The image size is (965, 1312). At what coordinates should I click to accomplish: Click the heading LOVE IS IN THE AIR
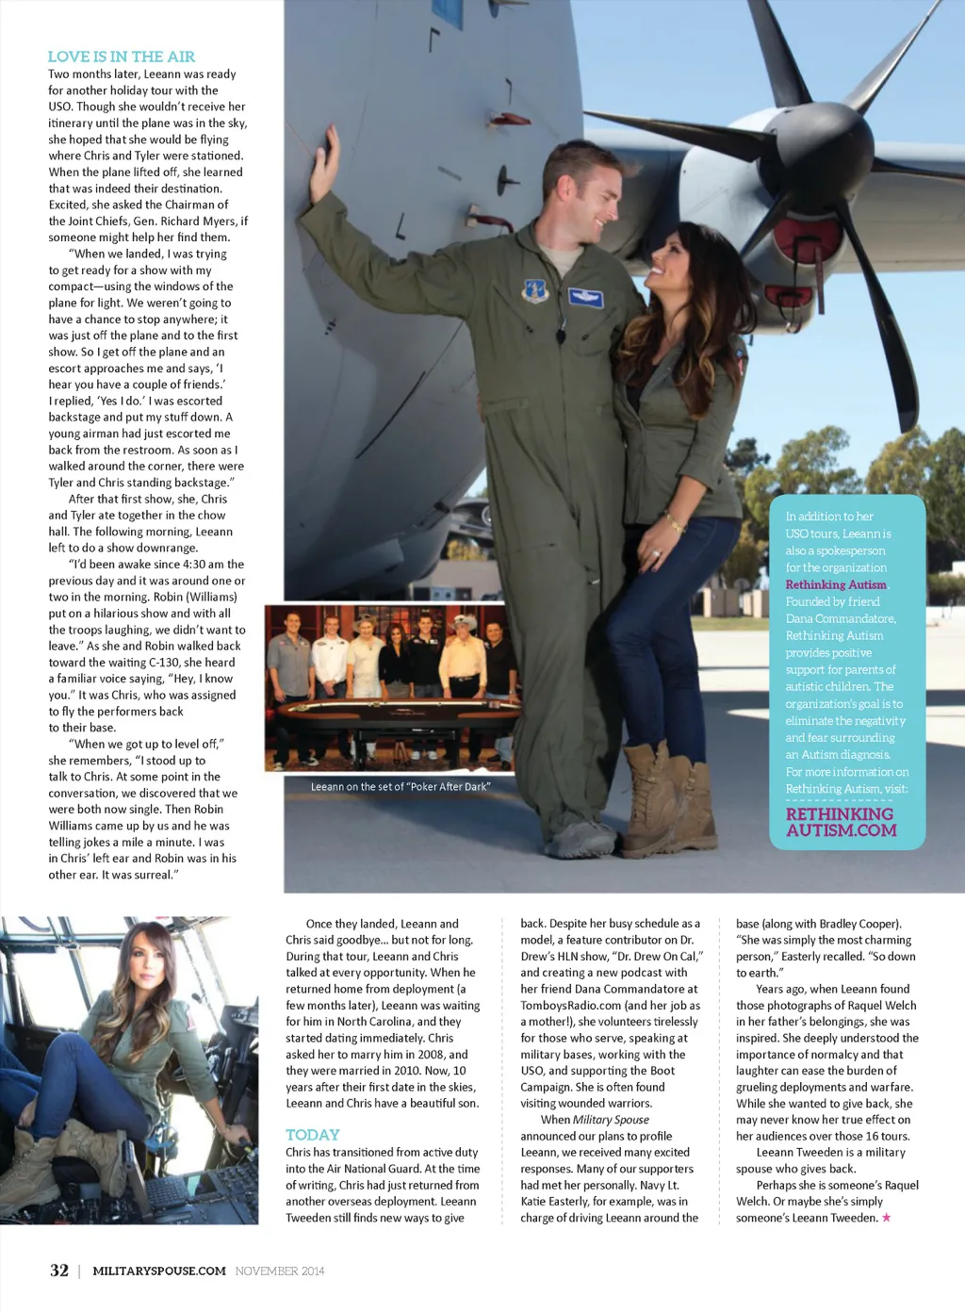coord(122,57)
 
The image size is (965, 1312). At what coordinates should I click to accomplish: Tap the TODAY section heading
coord(312,1135)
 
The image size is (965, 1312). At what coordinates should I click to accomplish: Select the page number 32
coord(59,1271)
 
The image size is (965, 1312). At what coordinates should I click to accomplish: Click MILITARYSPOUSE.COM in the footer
coord(159,1271)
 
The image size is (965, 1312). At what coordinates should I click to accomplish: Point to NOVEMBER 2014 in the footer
coord(280,1271)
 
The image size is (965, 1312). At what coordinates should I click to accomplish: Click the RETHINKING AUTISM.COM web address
coord(841,822)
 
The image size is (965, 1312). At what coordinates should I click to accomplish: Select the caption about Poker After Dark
coord(401,786)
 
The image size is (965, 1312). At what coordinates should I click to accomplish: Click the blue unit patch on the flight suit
coord(535,290)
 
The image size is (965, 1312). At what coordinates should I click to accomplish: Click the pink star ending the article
coord(886,1218)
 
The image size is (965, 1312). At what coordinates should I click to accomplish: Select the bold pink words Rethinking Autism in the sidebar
coord(836,584)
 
